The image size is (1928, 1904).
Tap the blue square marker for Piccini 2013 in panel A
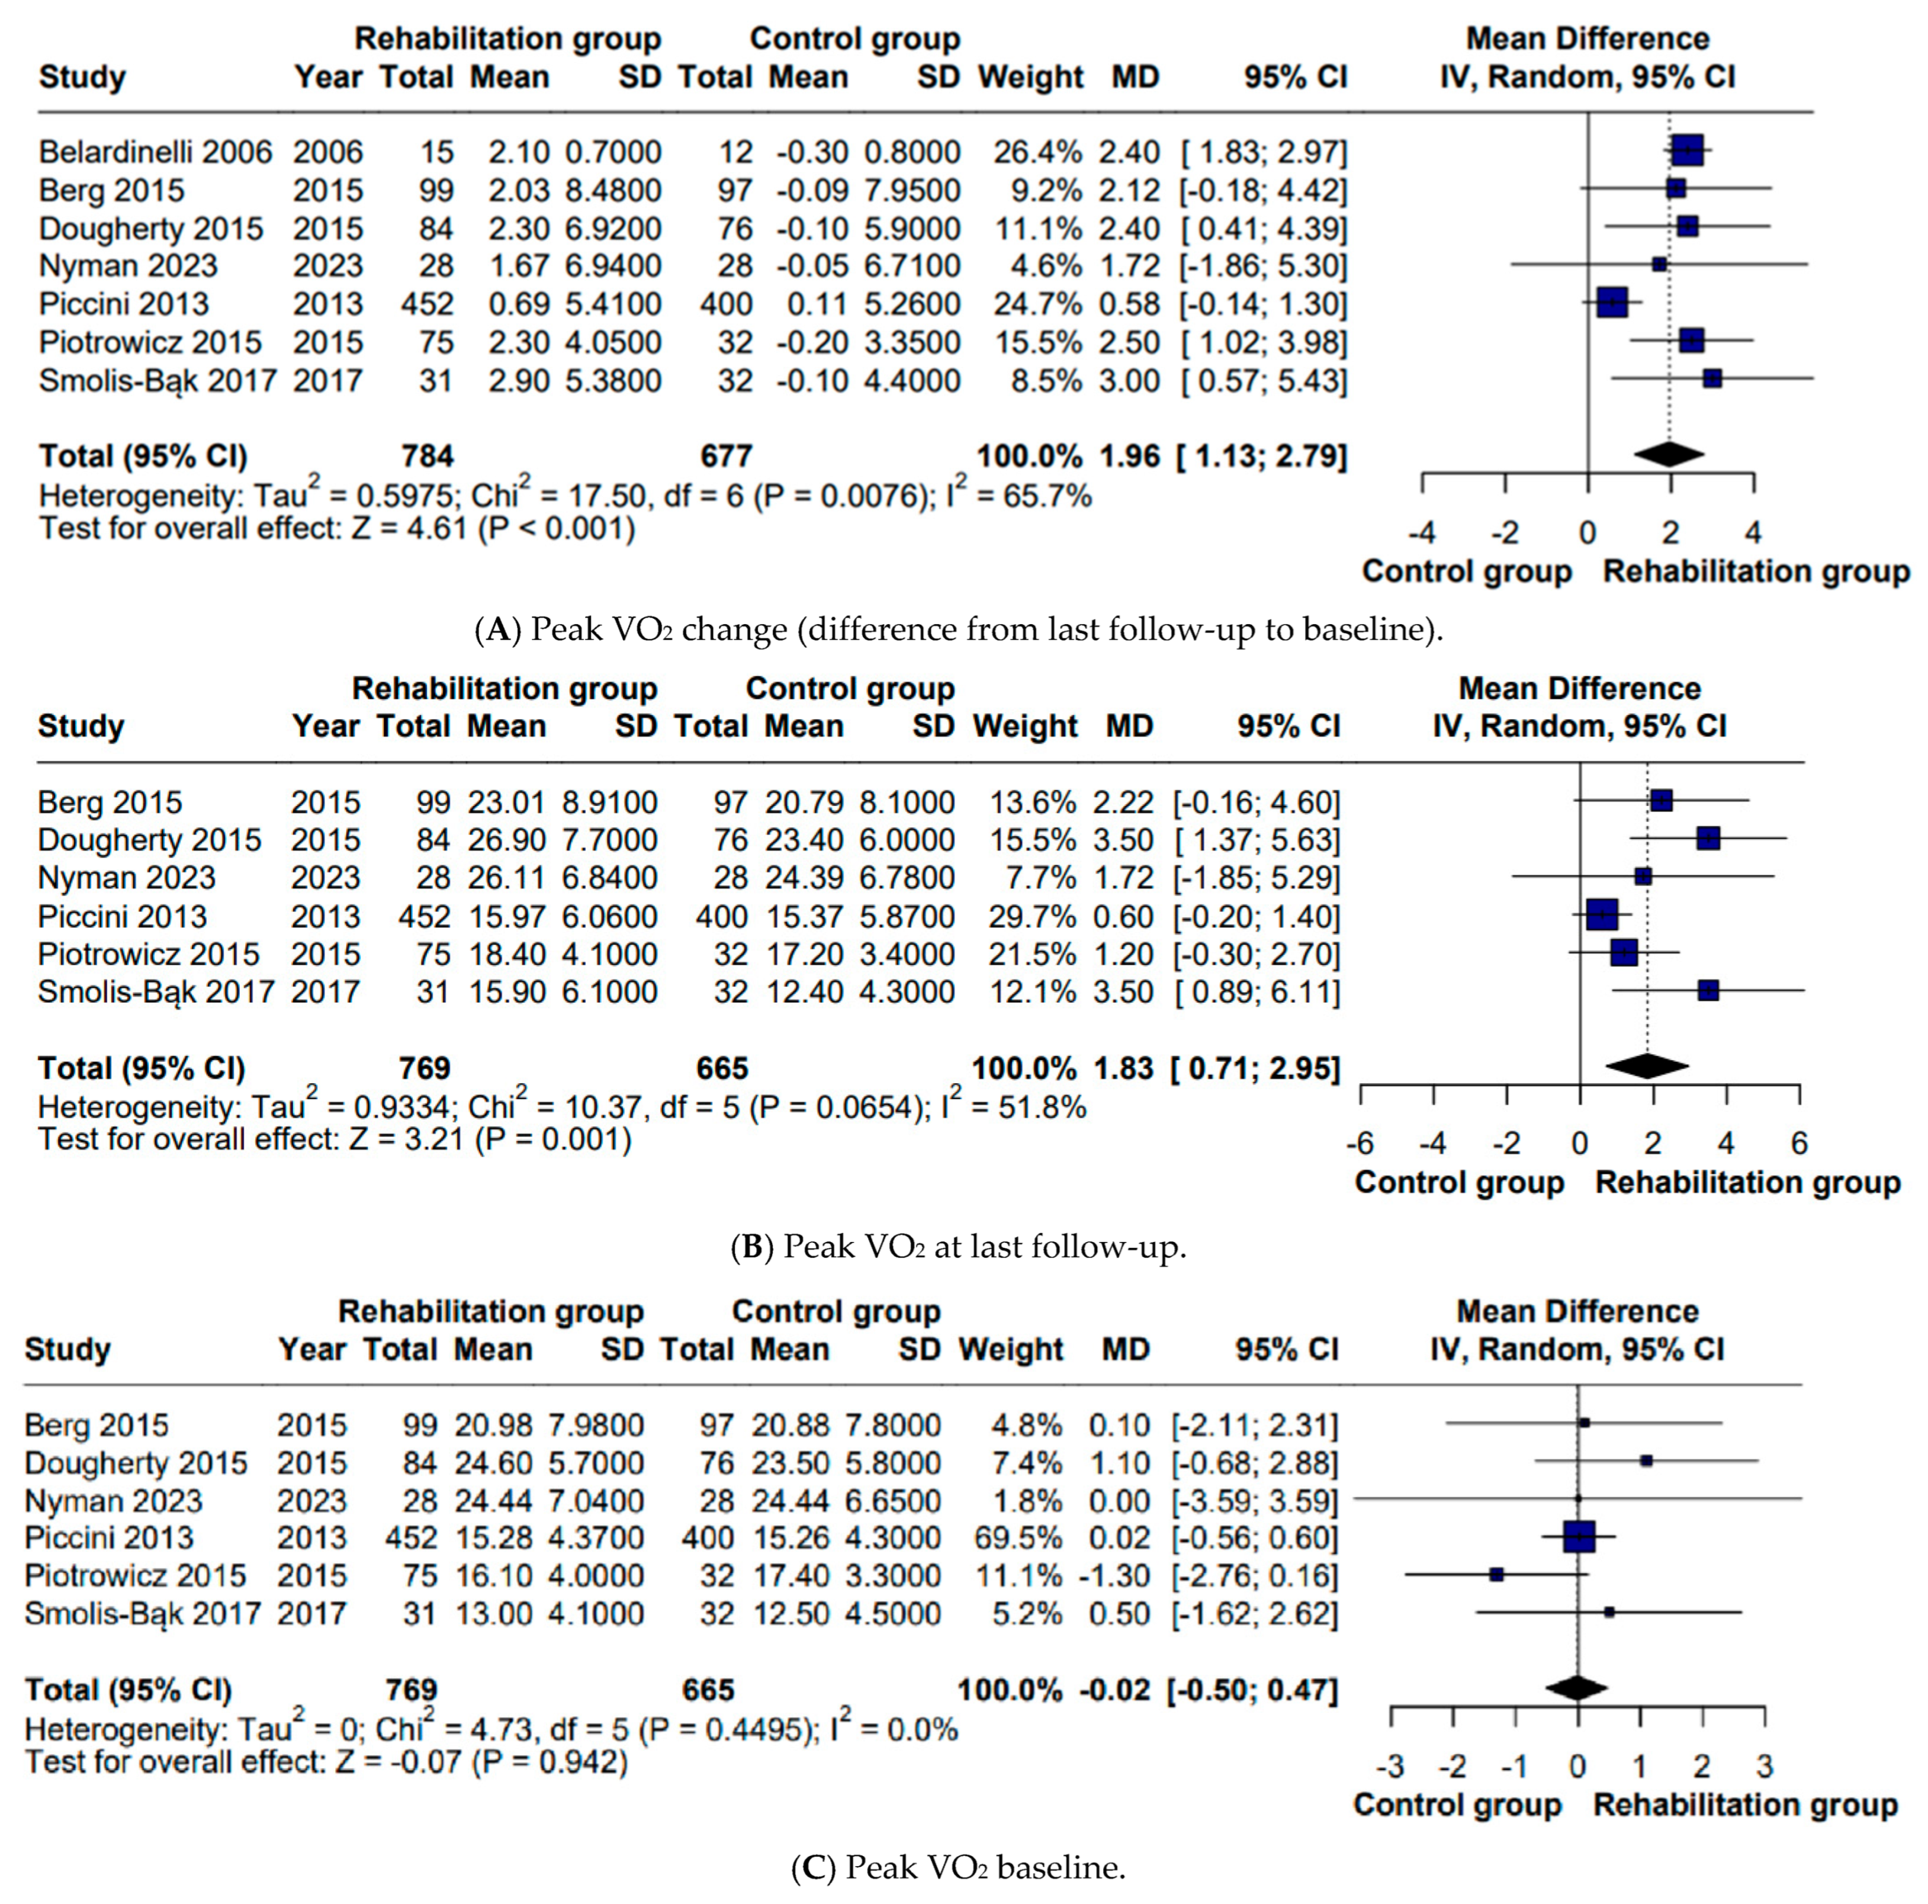[x=1612, y=303]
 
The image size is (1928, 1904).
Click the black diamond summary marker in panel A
[x=1669, y=455]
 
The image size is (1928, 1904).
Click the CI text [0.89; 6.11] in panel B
[x=1257, y=992]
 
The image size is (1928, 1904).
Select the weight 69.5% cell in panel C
[x=1018, y=1538]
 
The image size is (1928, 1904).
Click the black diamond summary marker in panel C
[x=1577, y=1688]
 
